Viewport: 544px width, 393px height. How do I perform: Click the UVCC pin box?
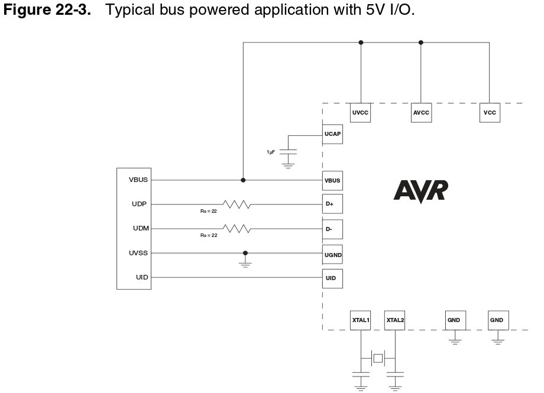[360, 112]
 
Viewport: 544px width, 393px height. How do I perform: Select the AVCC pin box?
[420, 112]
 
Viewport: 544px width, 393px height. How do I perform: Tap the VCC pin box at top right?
[489, 112]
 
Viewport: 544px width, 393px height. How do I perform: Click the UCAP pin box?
[332, 134]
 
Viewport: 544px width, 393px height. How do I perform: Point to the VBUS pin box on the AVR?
[332, 180]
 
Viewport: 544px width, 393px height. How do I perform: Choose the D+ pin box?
[332, 204]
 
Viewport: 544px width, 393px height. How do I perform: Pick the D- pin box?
[332, 228]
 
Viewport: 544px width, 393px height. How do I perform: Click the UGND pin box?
[332, 255]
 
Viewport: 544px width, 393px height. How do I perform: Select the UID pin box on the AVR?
[332, 278]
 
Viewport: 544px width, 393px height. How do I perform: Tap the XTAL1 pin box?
[360, 320]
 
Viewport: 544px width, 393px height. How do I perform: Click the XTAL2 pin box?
[394, 320]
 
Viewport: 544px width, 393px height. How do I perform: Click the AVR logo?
[420, 191]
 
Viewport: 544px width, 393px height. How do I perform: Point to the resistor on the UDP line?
[237, 204]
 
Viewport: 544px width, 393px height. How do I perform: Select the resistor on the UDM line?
[237, 228]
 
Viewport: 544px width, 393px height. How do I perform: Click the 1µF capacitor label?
[270, 152]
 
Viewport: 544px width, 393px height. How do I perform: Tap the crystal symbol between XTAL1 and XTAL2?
[377, 358]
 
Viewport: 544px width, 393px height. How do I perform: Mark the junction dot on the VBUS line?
[243, 180]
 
